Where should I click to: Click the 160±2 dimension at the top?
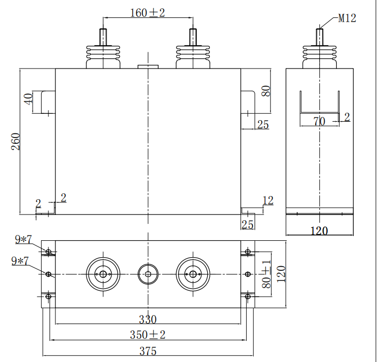coord(148,13)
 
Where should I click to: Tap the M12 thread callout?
coord(347,18)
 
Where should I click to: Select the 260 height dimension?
coord(16,141)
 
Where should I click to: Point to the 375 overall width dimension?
coord(148,351)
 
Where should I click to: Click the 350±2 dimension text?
coord(148,335)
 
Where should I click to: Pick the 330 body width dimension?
coord(148,319)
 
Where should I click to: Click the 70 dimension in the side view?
coord(319,121)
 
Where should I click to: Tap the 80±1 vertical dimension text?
coord(266,275)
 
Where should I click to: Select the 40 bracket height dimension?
coord(28,99)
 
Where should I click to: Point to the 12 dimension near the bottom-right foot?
coord(268,201)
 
